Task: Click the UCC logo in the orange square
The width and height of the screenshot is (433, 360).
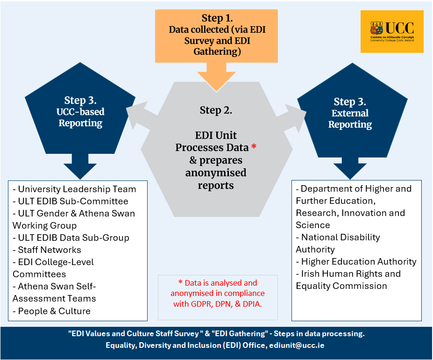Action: coord(392,31)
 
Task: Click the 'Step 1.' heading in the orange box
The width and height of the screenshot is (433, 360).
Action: coord(217,18)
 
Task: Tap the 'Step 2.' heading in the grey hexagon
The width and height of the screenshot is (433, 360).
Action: coord(216,110)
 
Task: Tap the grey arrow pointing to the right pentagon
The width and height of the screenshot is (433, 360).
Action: coord(292,115)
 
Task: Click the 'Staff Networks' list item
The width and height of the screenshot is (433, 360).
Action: coord(47,250)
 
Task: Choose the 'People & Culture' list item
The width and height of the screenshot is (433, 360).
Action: coord(51,311)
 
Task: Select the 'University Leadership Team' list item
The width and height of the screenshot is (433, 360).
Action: coord(74,189)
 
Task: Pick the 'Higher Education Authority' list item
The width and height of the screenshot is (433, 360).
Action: coord(356,261)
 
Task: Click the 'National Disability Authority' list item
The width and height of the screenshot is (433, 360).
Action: coord(338,243)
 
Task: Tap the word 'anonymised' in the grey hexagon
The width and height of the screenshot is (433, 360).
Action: coord(216,173)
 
